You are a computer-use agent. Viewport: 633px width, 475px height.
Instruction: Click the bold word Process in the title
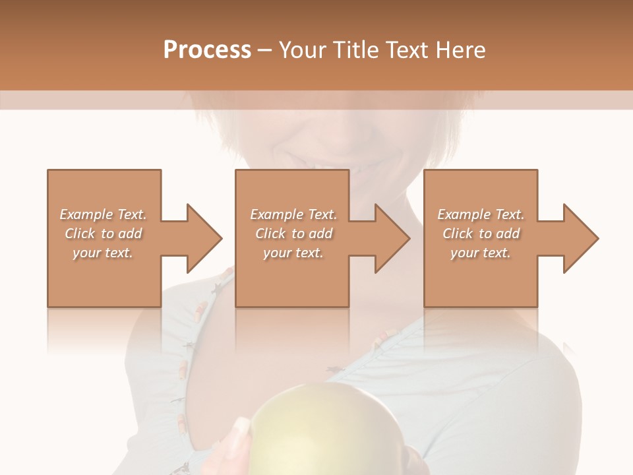[207, 49]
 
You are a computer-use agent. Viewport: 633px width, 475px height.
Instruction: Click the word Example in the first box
[86, 214]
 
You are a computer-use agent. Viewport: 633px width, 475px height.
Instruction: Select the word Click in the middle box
[269, 234]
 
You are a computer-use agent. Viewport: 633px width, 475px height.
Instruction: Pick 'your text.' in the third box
[481, 253]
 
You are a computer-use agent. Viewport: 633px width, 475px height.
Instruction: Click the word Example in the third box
[464, 214]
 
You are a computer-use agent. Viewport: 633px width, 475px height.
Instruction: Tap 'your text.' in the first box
[103, 253]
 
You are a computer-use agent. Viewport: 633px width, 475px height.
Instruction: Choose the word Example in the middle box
[277, 214]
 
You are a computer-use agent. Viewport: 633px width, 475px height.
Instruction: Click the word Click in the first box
[80, 234]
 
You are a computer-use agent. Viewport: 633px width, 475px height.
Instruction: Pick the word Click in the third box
[458, 234]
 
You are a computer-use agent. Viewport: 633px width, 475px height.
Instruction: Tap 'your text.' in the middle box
[293, 253]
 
